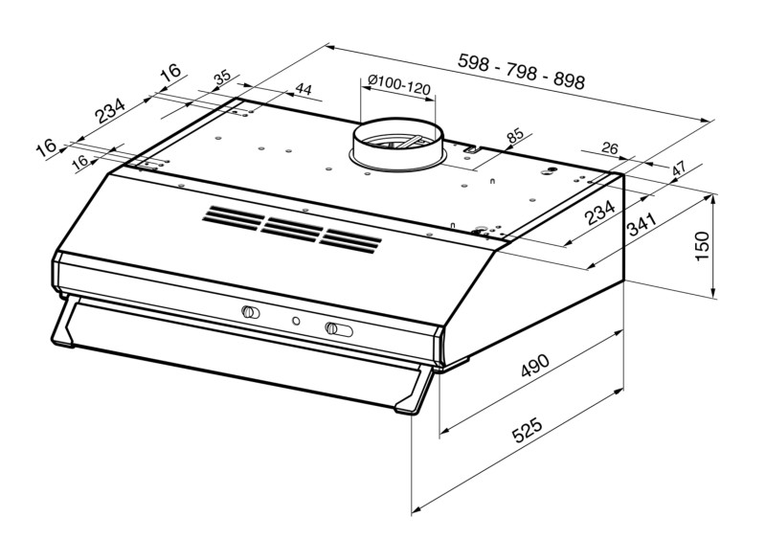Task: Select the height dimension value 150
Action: [x=702, y=246]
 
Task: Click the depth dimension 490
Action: [x=535, y=365]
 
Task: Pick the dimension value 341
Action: [x=642, y=224]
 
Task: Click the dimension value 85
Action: [x=514, y=135]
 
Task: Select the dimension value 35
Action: [x=222, y=78]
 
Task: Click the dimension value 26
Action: [x=610, y=148]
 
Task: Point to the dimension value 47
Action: [x=678, y=169]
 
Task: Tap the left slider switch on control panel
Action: [x=251, y=312]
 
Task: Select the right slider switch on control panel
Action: [x=339, y=329]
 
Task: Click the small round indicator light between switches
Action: [x=296, y=321]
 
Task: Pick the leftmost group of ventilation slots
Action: [x=234, y=217]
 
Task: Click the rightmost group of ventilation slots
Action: [x=350, y=240]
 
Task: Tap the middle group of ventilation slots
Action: [x=292, y=229]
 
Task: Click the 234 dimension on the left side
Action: [x=110, y=110]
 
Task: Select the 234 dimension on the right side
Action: [x=600, y=213]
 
